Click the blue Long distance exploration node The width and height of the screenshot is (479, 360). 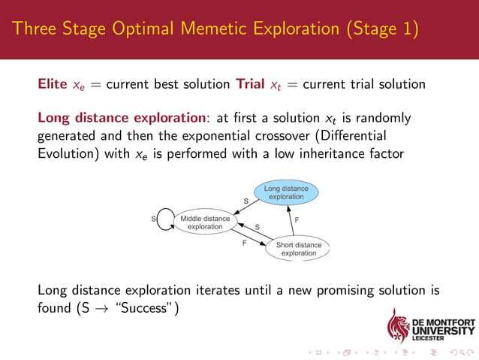[x=286, y=192]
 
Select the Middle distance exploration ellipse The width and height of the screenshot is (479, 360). [x=205, y=222]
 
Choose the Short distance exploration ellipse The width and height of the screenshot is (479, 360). [x=298, y=248]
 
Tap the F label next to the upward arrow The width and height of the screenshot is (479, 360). [x=298, y=220]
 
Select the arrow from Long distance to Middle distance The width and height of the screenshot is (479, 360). [x=248, y=209]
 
